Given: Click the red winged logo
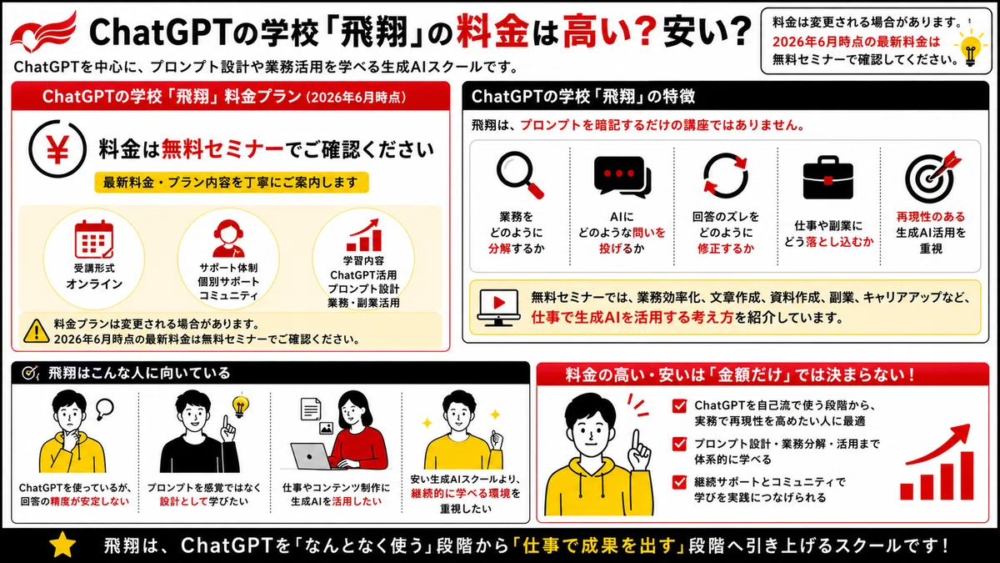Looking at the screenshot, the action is [x=43, y=33].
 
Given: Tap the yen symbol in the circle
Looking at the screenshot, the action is [x=57, y=149].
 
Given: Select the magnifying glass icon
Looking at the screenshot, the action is [x=520, y=174].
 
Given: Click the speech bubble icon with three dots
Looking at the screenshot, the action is [x=622, y=177].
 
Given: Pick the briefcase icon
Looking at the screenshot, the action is [x=828, y=178].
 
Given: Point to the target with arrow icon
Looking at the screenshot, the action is [x=932, y=176].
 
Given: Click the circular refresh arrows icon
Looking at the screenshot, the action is [x=726, y=176].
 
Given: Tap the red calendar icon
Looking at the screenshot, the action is [x=93, y=239].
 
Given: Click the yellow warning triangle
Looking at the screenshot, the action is [x=36, y=331].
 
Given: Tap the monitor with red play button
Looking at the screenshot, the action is [x=498, y=308].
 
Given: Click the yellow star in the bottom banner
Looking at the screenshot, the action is [x=62, y=545].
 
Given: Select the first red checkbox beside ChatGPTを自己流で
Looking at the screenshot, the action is [x=679, y=406].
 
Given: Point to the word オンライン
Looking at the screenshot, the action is [x=93, y=284].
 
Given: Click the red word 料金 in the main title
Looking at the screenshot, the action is [x=492, y=32].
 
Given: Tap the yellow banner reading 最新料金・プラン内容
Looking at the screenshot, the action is [x=232, y=183].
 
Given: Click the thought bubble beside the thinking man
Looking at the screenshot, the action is [x=104, y=408].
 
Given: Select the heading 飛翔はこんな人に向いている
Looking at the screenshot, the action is [x=139, y=373].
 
